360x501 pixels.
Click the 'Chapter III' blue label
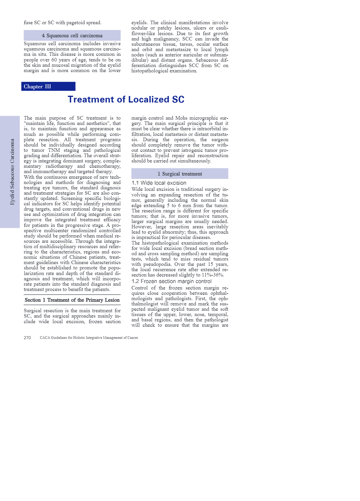(x=38, y=87)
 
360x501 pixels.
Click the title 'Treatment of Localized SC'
(x=126, y=100)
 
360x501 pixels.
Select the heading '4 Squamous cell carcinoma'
(x=72, y=36)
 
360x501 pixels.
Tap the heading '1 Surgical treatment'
(x=180, y=174)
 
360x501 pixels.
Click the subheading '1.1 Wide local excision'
(x=159, y=183)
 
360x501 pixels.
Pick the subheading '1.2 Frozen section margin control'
(x=171, y=282)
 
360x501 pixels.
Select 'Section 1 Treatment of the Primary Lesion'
(x=72, y=300)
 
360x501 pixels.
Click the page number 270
(x=27, y=338)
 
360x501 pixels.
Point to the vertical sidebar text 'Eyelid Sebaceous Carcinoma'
(x=12, y=172)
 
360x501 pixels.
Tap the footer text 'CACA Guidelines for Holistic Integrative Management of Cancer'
(x=89, y=338)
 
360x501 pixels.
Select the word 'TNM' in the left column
(x=54, y=150)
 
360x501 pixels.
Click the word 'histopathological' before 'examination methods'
(x=161, y=243)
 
